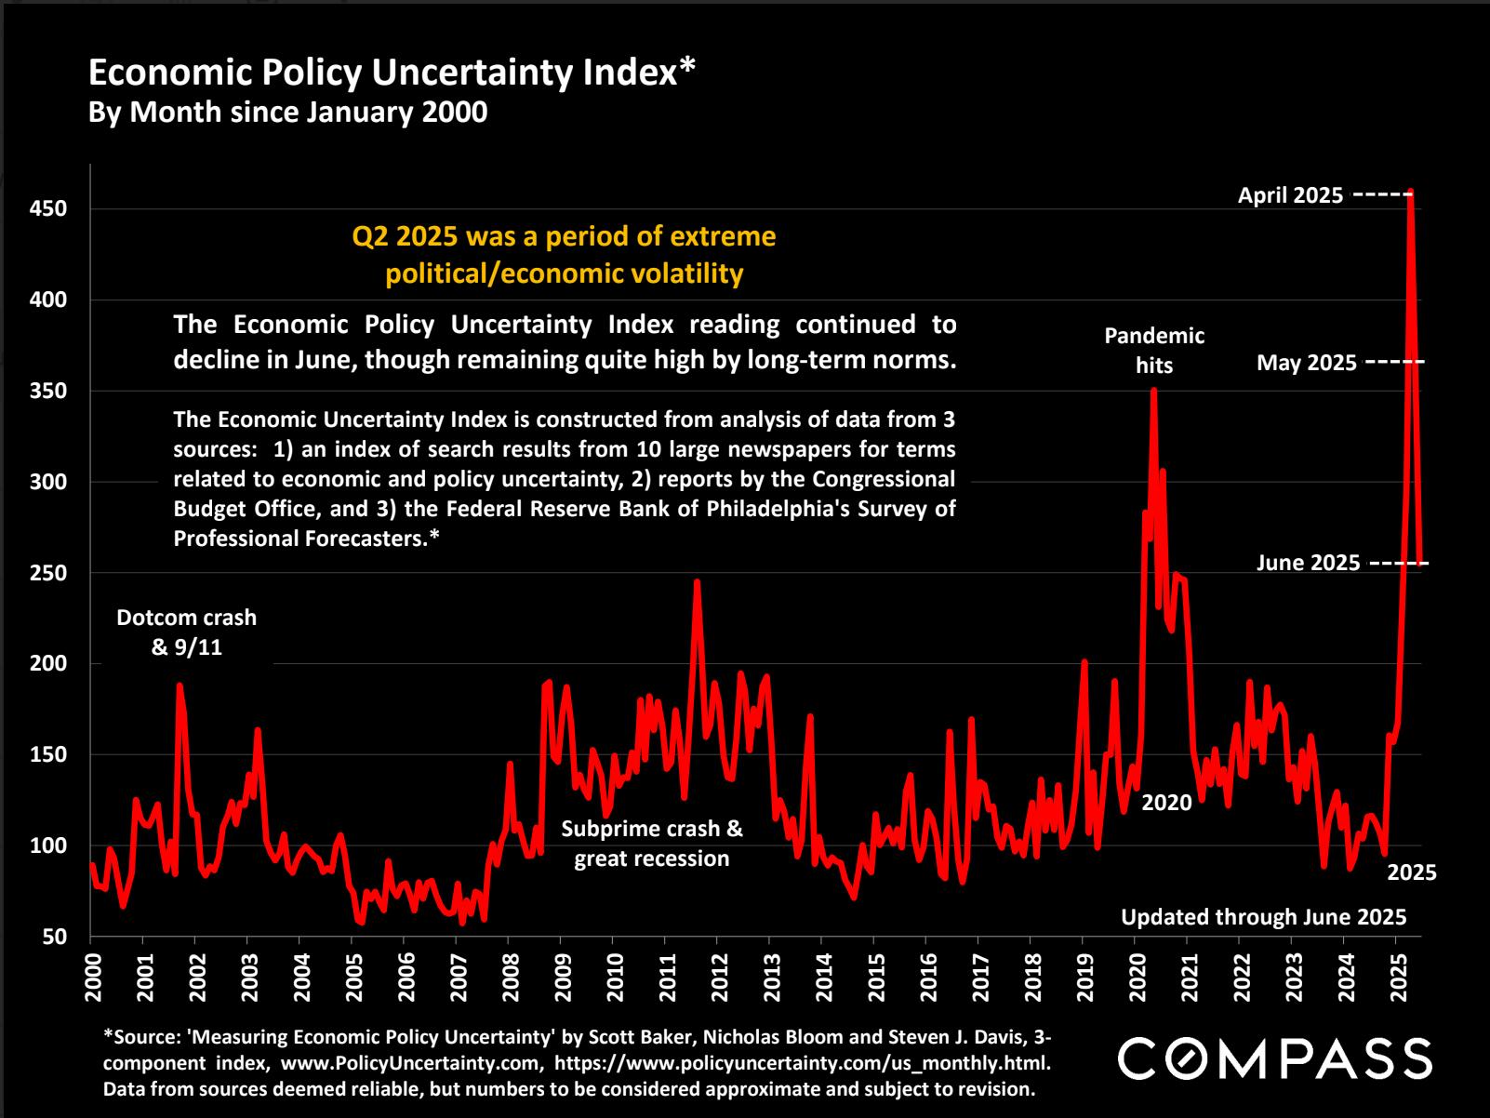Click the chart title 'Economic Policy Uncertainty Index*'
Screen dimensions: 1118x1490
point(392,73)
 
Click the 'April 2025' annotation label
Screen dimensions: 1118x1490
point(1290,195)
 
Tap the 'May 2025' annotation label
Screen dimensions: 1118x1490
point(1306,363)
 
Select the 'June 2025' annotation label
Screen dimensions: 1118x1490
point(1308,563)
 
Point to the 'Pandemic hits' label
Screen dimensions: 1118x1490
point(1154,350)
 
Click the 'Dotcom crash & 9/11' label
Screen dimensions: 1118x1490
point(186,632)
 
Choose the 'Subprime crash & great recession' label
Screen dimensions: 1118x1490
point(652,843)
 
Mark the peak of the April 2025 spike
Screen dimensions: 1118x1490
point(1411,192)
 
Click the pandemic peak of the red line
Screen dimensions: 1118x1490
point(1154,390)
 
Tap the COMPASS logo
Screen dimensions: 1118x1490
point(1274,1058)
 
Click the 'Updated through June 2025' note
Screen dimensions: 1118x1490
point(1263,917)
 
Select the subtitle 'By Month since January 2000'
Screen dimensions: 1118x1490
point(287,112)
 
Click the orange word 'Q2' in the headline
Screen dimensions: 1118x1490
point(370,236)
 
